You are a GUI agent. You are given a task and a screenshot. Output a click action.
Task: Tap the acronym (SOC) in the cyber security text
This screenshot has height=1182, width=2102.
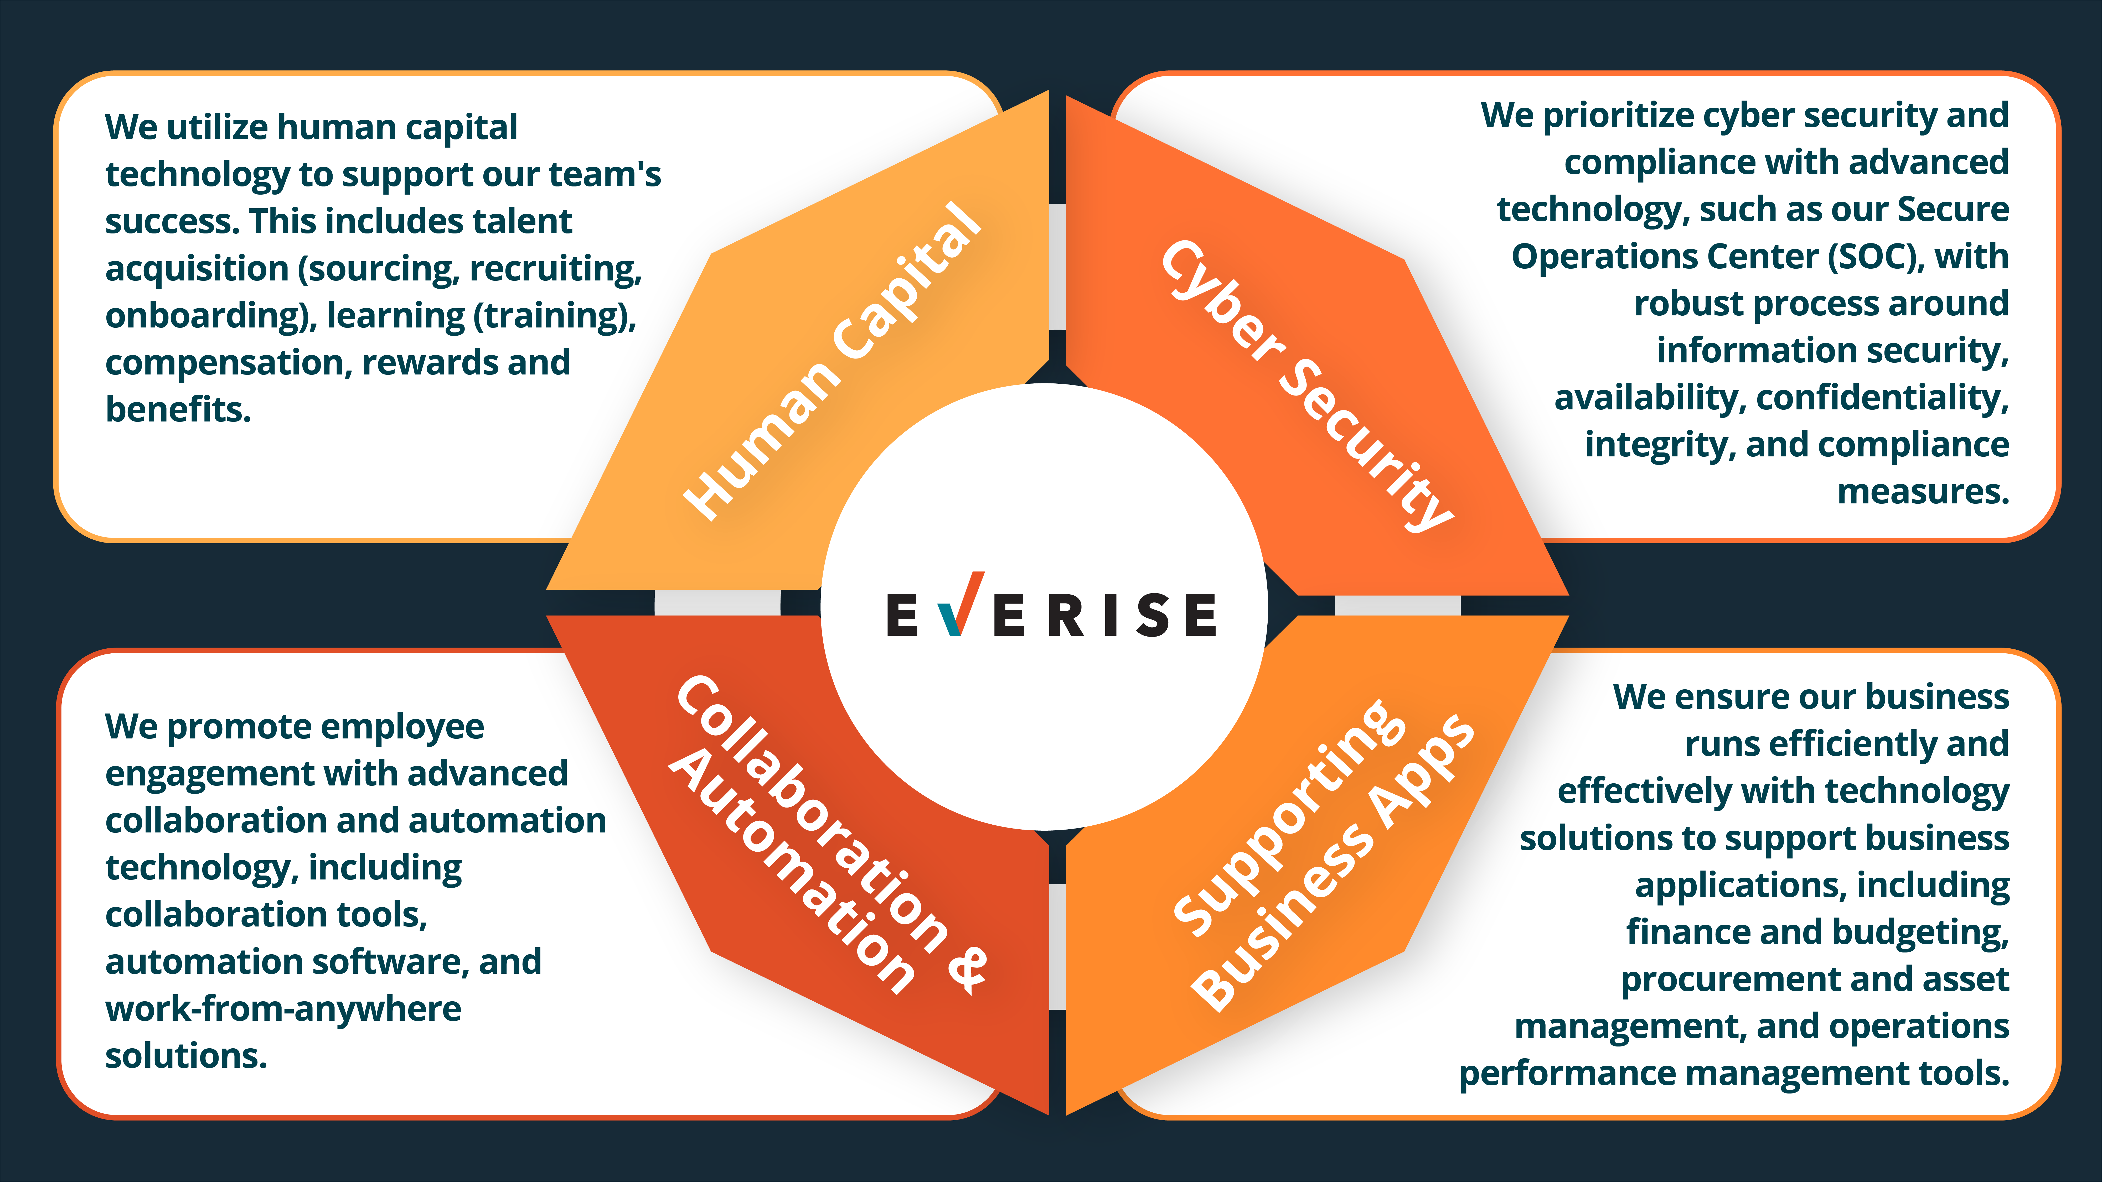[x=1873, y=257]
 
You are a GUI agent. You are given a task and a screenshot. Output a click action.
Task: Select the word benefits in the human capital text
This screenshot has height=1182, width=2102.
[x=178, y=409]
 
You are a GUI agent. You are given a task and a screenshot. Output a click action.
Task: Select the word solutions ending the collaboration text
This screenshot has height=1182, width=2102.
[x=186, y=1056]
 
